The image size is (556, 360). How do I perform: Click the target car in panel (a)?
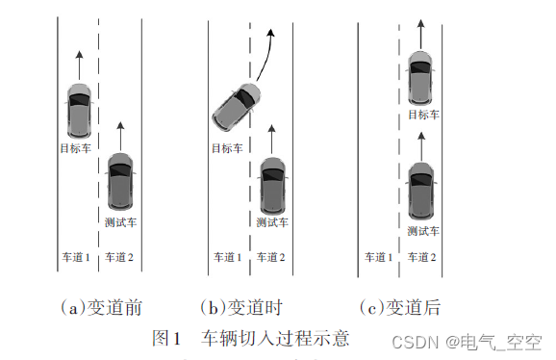pyautogui.click(x=80, y=111)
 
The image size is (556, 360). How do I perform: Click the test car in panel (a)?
pyautogui.click(x=120, y=181)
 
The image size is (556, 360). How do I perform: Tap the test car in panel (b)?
pyautogui.click(x=272, y=185)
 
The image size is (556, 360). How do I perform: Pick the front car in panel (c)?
pyautogui.click(x=420, y=78)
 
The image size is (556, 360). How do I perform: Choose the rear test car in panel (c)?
pyautogui.click(x=421, y=191)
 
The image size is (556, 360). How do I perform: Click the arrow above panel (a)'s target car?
pyautogui.click(x=79, y=65)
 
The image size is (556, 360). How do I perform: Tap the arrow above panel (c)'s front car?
pyautogui.click(x=421, y=35)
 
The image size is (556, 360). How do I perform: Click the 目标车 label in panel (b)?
pyautogui.click(x=227, y=148)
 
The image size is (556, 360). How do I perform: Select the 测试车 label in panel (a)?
pyautogui.click(x=120, y=222)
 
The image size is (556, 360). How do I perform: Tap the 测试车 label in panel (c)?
pyautogui.click(x=423, y=231)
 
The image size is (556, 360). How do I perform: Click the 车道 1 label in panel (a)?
pyautogui.click(x=76, y=257)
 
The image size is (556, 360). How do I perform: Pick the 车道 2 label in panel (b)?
pyautogui.click(x=270, y=257)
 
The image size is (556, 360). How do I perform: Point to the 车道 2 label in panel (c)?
pyautogui.click(x=421, y=257)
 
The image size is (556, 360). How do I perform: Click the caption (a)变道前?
pyautogui.click(x=101, y=307)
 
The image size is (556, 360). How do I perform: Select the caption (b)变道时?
pyautogui.click(x=241, y=307)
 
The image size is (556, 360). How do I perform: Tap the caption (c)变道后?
pyautogui.click(x=400, y=307)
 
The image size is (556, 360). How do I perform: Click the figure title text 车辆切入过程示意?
pyautogui.click(x=275, y=338)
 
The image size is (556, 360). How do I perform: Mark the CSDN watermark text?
pyautogui.click(x=467, y=343)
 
